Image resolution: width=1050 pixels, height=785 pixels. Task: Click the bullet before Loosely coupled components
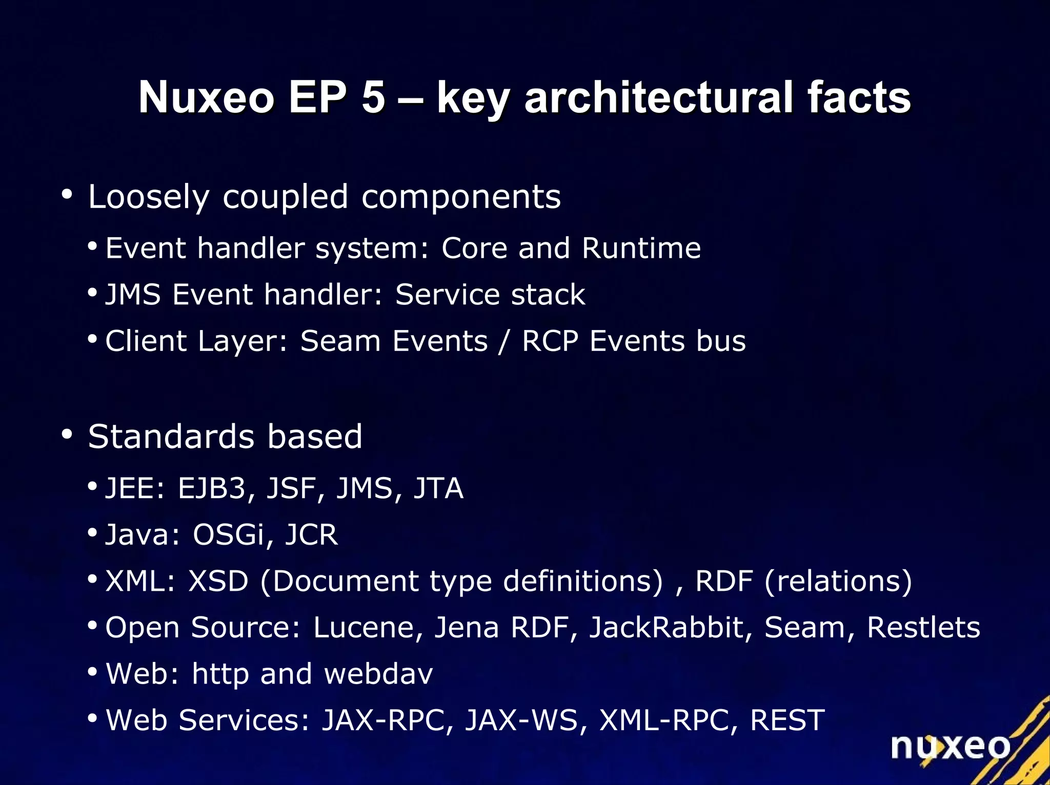point(67,195)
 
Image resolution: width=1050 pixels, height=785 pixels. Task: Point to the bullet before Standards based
point(67,435)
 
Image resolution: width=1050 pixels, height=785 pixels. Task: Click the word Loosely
point(149,197)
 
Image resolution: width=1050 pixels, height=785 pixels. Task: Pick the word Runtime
point(641,249)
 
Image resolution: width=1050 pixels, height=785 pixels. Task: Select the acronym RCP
point(550,341)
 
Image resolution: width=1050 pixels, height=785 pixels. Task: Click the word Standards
point(171,437)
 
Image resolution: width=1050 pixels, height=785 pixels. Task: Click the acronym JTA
point(438,488)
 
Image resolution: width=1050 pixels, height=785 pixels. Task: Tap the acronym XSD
point(218,581)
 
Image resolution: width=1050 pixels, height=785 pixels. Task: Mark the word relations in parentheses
point(838,581)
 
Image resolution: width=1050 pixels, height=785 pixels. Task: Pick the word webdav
point(379,673)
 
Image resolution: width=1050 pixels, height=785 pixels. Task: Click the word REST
point(787,720)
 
